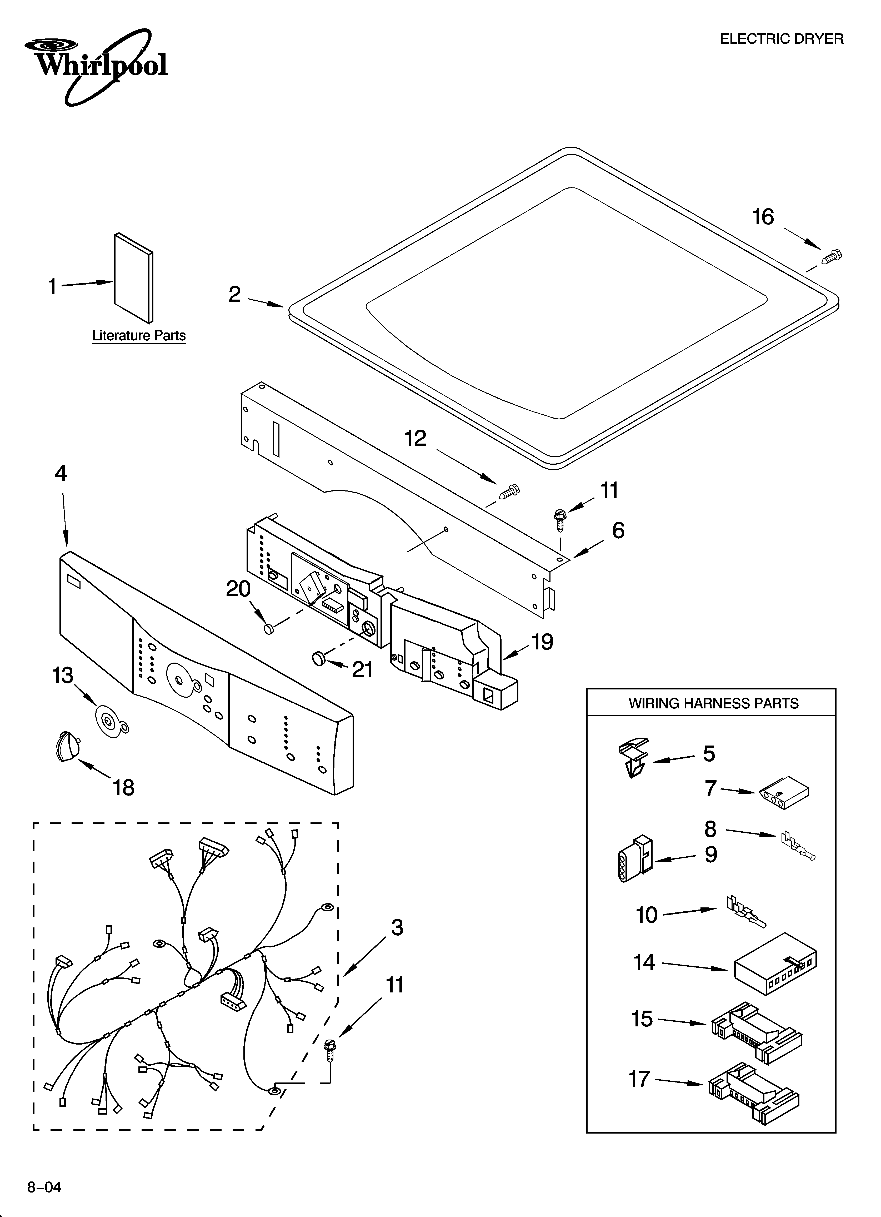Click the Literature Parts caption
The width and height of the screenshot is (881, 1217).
[x=139, y=336]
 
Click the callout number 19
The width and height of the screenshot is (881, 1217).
[x=542, y=642]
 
